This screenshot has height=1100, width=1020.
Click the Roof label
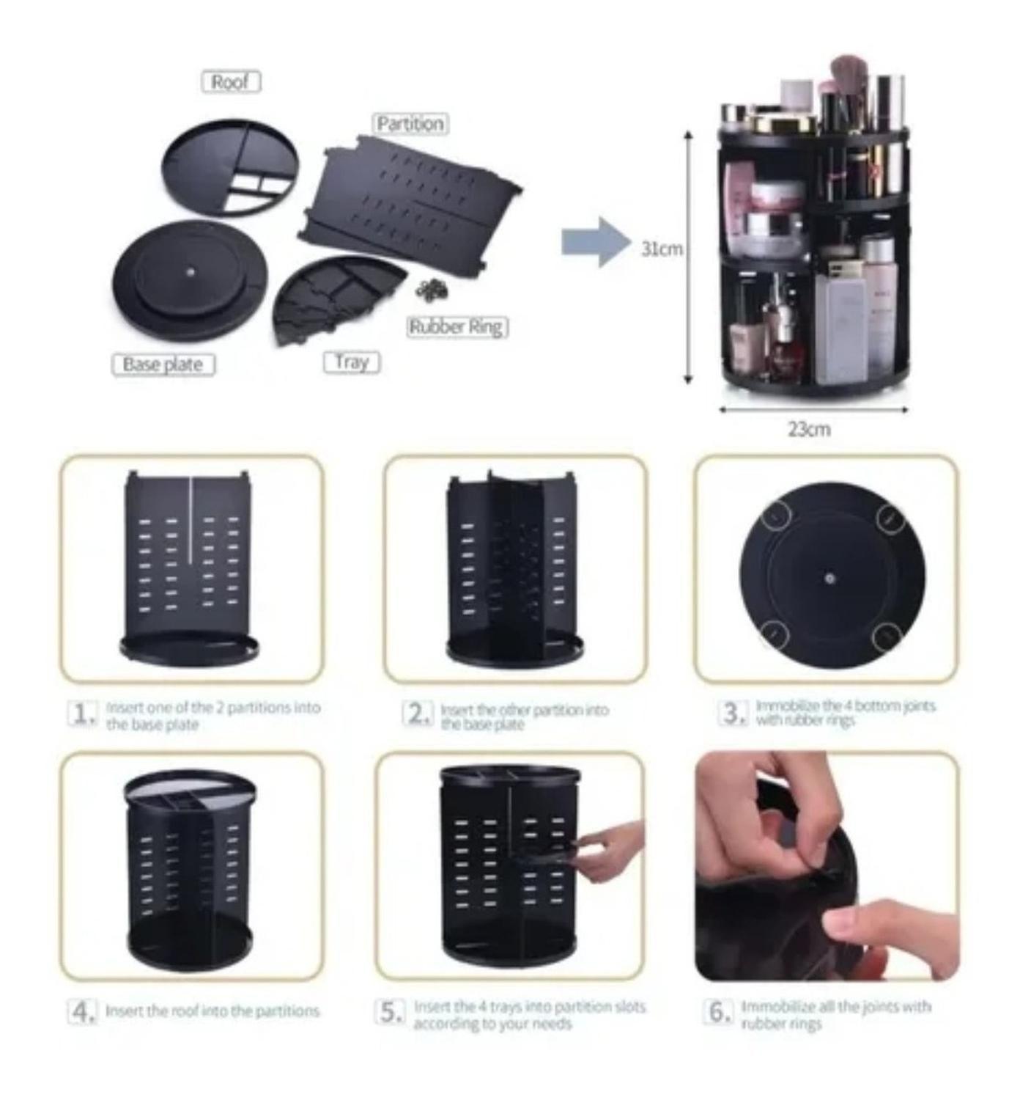[231, 81]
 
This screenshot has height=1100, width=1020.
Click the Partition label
[410, 123]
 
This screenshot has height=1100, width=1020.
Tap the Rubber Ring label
[457, 326]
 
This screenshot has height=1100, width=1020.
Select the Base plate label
[163, 364]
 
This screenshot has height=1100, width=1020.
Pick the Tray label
[352, 362]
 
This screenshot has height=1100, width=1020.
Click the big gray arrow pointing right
[595, 242]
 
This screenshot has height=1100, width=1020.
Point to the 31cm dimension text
[662, 249]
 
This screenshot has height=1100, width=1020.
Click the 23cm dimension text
[809, 429]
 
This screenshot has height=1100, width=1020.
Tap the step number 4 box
[82, 1012]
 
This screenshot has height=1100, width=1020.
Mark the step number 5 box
[390, 1012]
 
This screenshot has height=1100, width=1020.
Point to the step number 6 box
[717, 1012]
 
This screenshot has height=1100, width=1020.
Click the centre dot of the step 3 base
[829, 578]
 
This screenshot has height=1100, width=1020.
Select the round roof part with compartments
[231, 167]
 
